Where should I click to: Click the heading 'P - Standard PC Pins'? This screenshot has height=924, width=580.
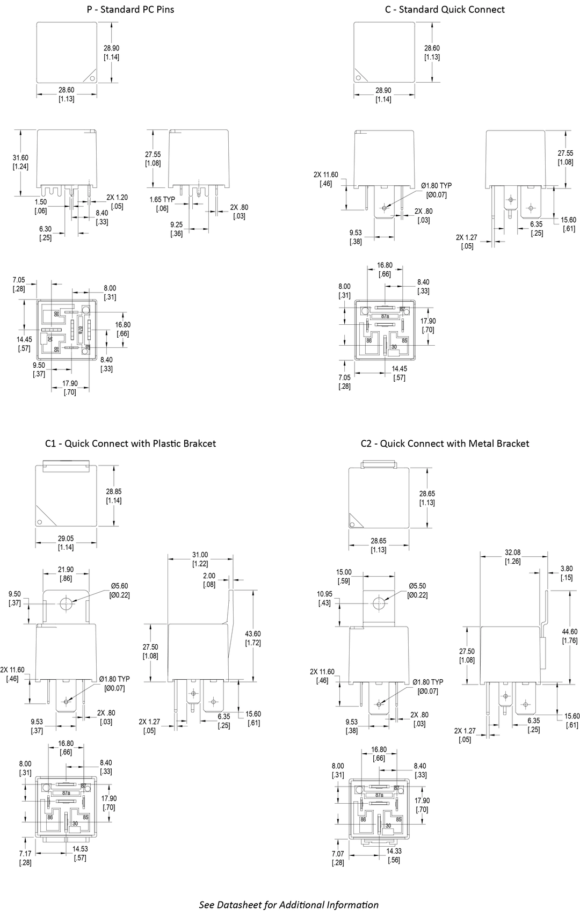130,9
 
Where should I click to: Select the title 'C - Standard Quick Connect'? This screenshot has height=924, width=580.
445,9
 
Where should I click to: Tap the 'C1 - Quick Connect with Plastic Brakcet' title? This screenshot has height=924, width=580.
130,443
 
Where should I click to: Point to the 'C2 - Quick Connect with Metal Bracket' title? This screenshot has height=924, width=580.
445,443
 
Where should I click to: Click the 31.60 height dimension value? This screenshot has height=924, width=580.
20,157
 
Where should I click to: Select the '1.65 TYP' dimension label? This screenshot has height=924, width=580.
162,200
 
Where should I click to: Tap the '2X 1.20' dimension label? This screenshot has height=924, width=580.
117,198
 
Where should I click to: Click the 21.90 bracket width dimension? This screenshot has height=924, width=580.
66,570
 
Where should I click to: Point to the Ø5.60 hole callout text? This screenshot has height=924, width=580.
119,586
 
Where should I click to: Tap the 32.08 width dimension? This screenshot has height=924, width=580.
513,552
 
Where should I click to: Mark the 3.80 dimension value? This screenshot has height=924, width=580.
566,569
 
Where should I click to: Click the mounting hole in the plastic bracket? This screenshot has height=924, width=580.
66,603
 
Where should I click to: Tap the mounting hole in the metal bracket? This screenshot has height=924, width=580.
379,602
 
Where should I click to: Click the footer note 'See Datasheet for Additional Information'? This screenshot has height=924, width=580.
289,905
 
